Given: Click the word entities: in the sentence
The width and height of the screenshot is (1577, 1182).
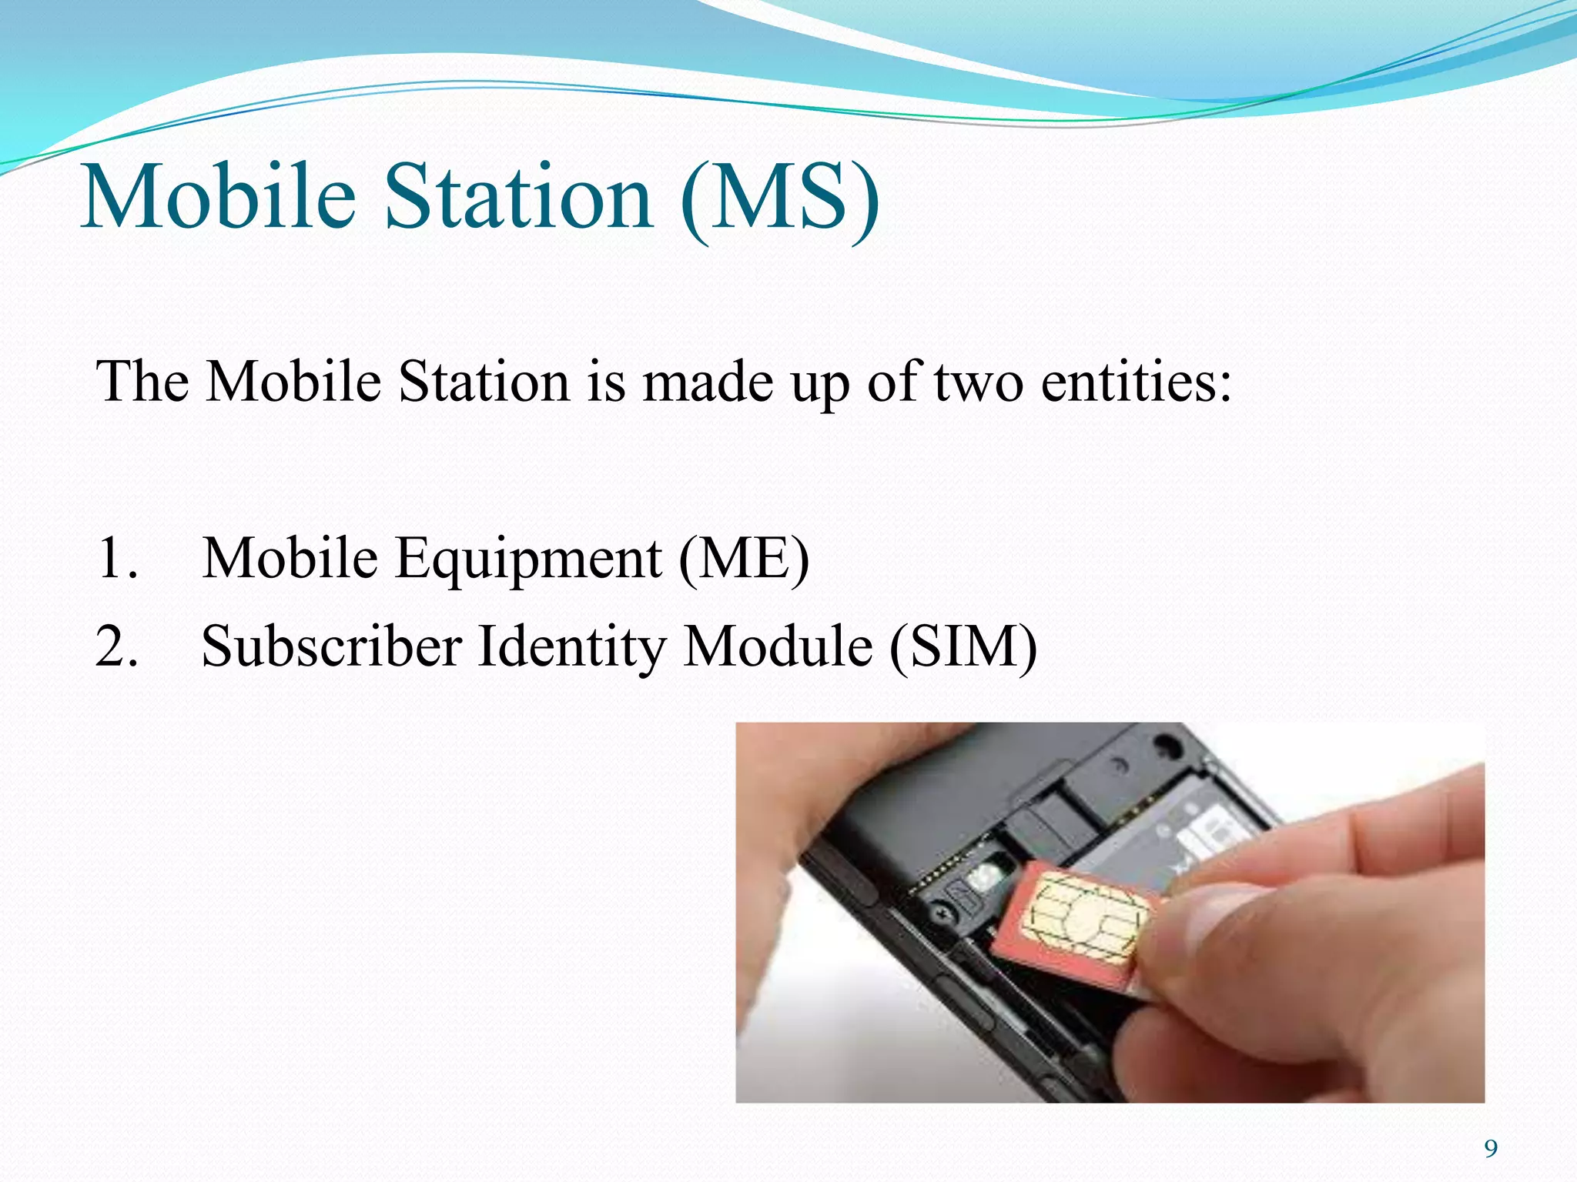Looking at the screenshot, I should click(1137, 382).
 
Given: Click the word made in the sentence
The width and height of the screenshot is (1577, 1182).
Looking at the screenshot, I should click(707, 382).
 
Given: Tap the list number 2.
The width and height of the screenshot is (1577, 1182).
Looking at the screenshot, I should click(116, 646).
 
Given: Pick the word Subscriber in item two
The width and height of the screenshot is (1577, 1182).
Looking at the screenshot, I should click(331, 646).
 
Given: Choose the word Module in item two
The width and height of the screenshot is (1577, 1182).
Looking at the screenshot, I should click(778, 646).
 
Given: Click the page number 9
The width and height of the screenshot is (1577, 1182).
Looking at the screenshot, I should click(1491, 1149).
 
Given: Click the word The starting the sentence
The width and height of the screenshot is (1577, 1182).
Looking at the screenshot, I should click(142, 382).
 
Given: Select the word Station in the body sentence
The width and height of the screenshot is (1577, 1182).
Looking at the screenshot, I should click(484, 382).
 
